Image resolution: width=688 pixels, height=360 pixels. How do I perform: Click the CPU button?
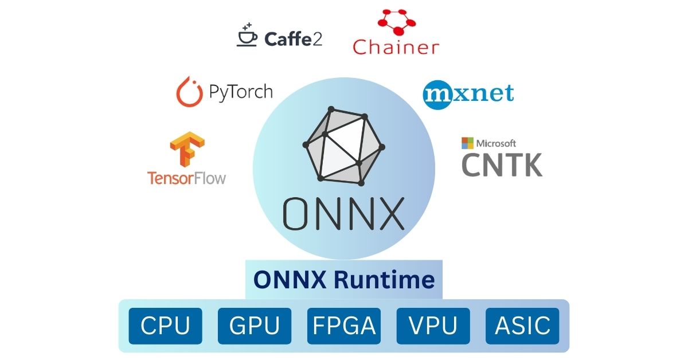coord(165,326)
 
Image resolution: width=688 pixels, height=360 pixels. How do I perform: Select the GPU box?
coord(255,326)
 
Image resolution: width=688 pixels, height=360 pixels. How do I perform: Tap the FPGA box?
coord(344,326)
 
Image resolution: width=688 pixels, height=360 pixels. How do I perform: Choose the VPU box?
coord(433,326)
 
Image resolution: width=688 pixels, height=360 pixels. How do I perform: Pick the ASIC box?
coord(522,326)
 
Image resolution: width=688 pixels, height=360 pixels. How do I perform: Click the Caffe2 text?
coord(293,39)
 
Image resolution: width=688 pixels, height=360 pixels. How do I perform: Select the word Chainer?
coord(396,47)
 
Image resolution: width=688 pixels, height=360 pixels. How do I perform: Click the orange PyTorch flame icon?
coord(190,92)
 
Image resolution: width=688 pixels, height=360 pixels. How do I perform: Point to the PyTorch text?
coord(241,92)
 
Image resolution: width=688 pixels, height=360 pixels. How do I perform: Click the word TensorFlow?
coord(186,178)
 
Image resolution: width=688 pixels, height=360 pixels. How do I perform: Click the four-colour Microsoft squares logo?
coord(467,143)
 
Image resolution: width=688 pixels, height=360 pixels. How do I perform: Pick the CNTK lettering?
coord(502,165)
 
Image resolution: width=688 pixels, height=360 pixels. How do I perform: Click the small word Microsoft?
coord(497,143)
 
